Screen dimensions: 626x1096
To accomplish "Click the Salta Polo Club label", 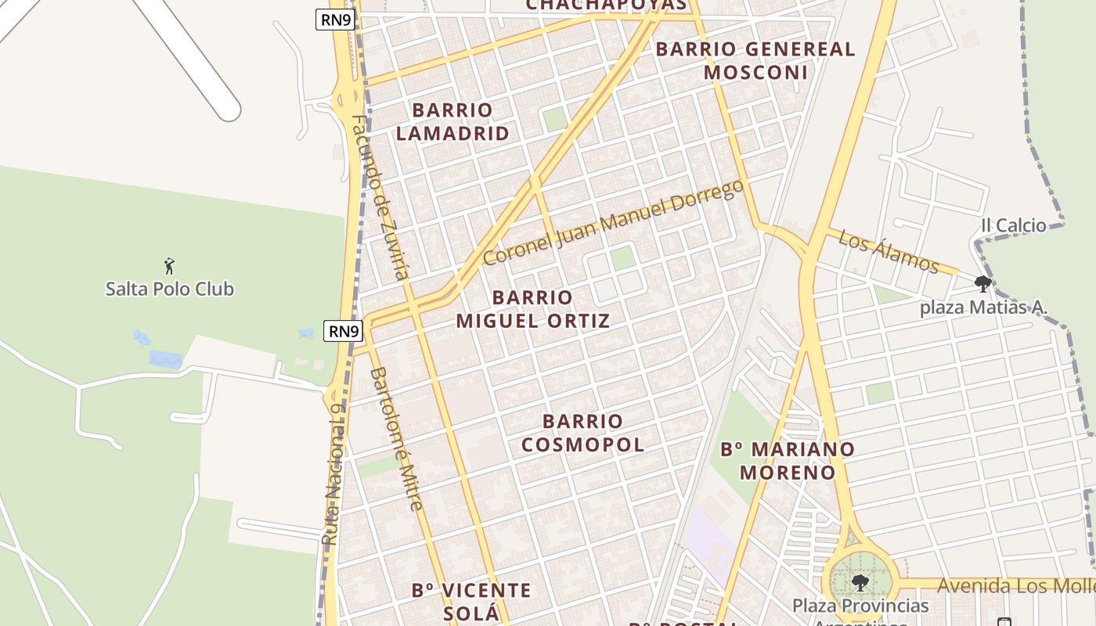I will [x=170, y=289].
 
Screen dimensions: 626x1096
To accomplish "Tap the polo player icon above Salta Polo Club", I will [x=169, y=266].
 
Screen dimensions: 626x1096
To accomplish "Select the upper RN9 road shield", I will [x=336, y=20].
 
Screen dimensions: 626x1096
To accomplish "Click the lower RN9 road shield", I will [x=344, y=331].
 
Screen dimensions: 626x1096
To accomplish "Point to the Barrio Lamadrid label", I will [x=452, y=121].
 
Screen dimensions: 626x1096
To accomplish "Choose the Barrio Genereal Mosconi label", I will [x=755, y=60].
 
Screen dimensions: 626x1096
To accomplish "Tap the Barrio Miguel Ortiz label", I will [x=533, y=309].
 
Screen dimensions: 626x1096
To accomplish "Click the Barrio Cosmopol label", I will [x=582, y=433].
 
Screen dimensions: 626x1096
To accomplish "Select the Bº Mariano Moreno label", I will [x=788, y=461].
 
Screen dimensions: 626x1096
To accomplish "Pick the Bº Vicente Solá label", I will [x=471, y=601].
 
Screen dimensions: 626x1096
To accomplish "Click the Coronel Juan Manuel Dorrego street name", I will [x=613, y=223].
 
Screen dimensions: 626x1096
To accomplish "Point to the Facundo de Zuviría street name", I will [x=380, y=197].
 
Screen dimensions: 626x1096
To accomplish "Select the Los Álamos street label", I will [x=889, y=251].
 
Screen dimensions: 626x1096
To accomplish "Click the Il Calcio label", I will [x=1014, y=225].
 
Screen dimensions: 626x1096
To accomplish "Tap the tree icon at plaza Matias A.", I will [x=983, y=283].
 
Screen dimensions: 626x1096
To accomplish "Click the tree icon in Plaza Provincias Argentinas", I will [x=860, y=582].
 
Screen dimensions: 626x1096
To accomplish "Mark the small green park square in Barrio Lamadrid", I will [x=554, y=119].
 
